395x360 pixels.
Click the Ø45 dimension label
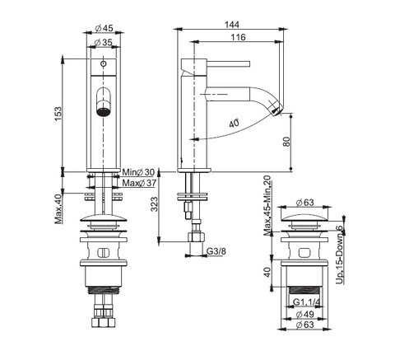coord(104,28)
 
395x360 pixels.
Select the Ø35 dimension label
coord(103,42)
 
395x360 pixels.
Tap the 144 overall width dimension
coord(232,25)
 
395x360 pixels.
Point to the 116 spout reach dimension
coord(238,37)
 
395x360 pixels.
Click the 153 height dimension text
coord(58,115)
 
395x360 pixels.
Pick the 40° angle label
coord(234,124)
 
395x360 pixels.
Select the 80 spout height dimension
coord(286,142)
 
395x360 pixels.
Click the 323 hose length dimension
coord(155,204)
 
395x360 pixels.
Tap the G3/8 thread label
coord(216,251)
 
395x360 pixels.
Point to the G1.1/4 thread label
coord(306,302)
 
